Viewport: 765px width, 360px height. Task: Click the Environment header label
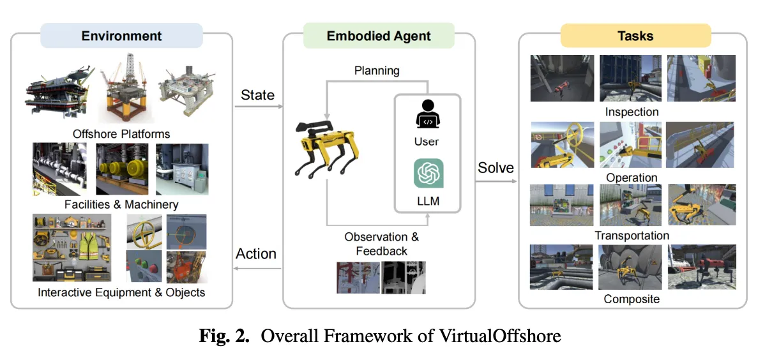pyautogui.click(x=121, y=36)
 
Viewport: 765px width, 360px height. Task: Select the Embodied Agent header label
pyautogui.click(x=379, y=36)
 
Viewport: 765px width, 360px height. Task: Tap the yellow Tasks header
pyautogui.click(x=635, y=36)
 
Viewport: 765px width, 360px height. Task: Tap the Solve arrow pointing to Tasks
pyautogui.click(x=496, y=181)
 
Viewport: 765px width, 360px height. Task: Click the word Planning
pyautogui.click(x=377, y=70)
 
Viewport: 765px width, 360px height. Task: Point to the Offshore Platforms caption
pyautogui.click(x=121, y=133)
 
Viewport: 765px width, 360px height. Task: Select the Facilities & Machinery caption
pyautogui.click(x=121, y=204)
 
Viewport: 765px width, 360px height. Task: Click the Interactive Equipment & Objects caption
pyautogui.click(x=121, y=292)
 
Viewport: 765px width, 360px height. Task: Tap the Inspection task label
pyautogui.click(x=632, y=112)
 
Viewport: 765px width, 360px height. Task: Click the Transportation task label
pyautogui.click(x=632, y=236)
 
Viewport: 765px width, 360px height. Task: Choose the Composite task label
pyautogui.click(x=632, y=298)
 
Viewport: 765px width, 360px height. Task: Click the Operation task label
pyautogui.click(x=632, y=177)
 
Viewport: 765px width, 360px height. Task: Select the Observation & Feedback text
pyautogui.click(x=381, y=243)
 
